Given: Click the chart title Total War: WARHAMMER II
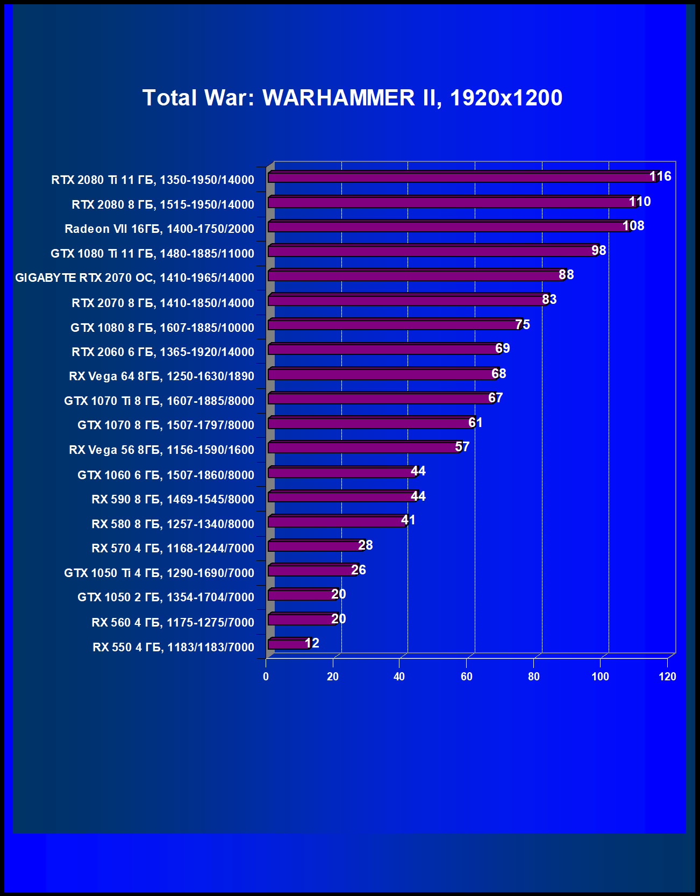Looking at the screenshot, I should (352, 98).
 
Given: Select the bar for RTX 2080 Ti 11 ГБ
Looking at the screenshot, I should (462, 177).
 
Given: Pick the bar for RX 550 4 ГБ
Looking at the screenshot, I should (289, 644).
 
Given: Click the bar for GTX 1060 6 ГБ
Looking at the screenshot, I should (342, 472).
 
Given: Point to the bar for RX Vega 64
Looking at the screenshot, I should (383, 374).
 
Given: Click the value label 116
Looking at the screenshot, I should (660, 176).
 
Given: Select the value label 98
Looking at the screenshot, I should (599, 251).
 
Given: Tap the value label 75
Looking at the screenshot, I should (523, 325).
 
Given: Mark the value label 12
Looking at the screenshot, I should (312, 643).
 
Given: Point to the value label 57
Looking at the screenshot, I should (462, 447).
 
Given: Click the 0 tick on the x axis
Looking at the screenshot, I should (266, 677).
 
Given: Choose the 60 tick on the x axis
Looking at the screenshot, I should (467, 677).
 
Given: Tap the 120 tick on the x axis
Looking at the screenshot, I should (667, 677).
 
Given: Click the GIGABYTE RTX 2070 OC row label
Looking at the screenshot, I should (134, 278).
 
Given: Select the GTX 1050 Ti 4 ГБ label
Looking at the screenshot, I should (159, 573).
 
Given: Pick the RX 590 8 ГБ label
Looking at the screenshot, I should (173, 500).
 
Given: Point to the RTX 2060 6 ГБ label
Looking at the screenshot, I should (163, 352).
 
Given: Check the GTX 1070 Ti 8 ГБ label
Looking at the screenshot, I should (159, 401).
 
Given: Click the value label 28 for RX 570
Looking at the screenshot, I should (366, 545).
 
